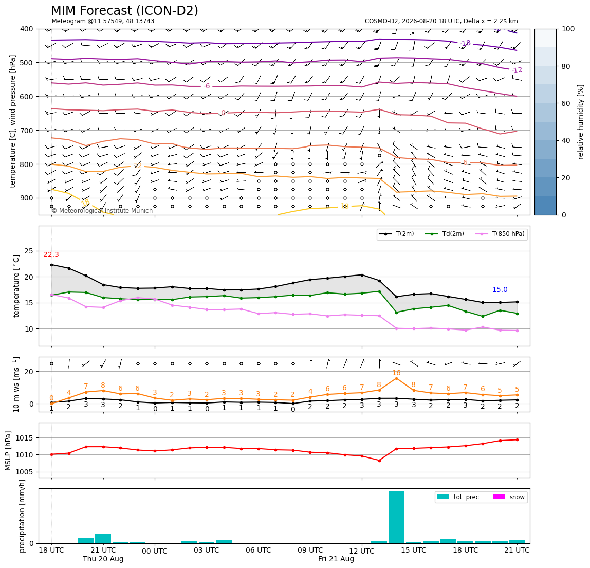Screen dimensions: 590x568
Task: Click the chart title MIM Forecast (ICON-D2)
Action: [124, 11]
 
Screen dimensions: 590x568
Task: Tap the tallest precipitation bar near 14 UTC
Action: [396, 517]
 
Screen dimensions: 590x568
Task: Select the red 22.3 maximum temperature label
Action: [51, 255]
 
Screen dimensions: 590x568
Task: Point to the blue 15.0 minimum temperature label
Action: [500, 289]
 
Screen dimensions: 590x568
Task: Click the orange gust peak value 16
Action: [396, 373]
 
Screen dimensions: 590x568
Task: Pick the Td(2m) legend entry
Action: [445, 234]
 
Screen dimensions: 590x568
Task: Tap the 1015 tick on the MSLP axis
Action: [25, 438]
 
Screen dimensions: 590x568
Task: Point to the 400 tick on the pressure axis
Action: [27, 29]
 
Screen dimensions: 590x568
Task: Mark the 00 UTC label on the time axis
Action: [155, 551]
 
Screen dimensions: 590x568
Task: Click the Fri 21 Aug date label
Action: [336, 559]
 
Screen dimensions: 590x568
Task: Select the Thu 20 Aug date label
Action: [103, 559]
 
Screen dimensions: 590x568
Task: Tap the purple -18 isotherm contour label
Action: [465, 43]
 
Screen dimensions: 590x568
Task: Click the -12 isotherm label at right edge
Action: [517, 70]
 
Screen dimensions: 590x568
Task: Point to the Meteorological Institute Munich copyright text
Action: [102, 211]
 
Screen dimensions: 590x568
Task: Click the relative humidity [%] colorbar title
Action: [581, 122]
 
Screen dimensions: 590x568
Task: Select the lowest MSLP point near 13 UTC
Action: [379, 461]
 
